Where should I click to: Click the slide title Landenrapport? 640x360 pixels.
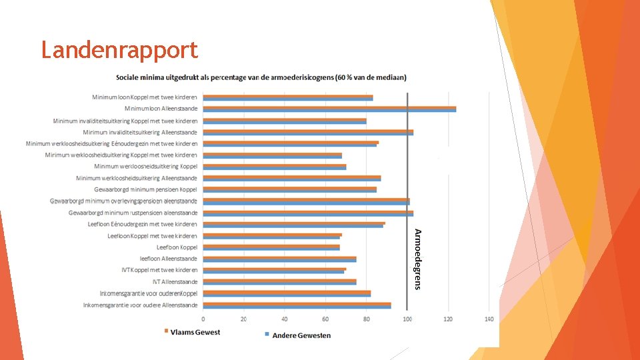click(119, 51)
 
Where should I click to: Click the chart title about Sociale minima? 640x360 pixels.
click(261, 77)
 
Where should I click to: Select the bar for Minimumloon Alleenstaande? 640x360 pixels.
click(329, 109)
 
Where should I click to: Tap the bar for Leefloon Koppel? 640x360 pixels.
click(271, 247)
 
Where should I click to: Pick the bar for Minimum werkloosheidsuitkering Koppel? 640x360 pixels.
click(275, 167)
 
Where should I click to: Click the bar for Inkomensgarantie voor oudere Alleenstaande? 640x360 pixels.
click(297, 305)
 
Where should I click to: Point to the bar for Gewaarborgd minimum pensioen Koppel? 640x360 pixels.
click(290, 189)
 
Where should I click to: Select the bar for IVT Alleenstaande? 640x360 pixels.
click(279, 281)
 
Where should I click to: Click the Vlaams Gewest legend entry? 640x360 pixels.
click(192, 332)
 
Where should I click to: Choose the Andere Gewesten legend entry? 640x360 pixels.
click(298, 335)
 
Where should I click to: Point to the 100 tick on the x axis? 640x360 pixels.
click(407, 319)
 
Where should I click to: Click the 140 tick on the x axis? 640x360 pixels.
click(489, 319)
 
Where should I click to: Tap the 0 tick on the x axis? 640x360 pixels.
click(203, 319)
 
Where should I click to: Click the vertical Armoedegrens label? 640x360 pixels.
click(417, 259)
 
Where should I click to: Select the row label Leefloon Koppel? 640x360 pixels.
click(177, 247)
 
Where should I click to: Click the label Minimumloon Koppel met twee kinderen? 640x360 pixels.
click(145, 97)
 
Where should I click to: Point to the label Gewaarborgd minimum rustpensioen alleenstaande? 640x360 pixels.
click(133, 213)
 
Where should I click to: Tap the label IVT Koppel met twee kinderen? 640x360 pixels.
click(159, 270)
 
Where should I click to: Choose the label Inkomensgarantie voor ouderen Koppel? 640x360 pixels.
click(149, 293)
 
